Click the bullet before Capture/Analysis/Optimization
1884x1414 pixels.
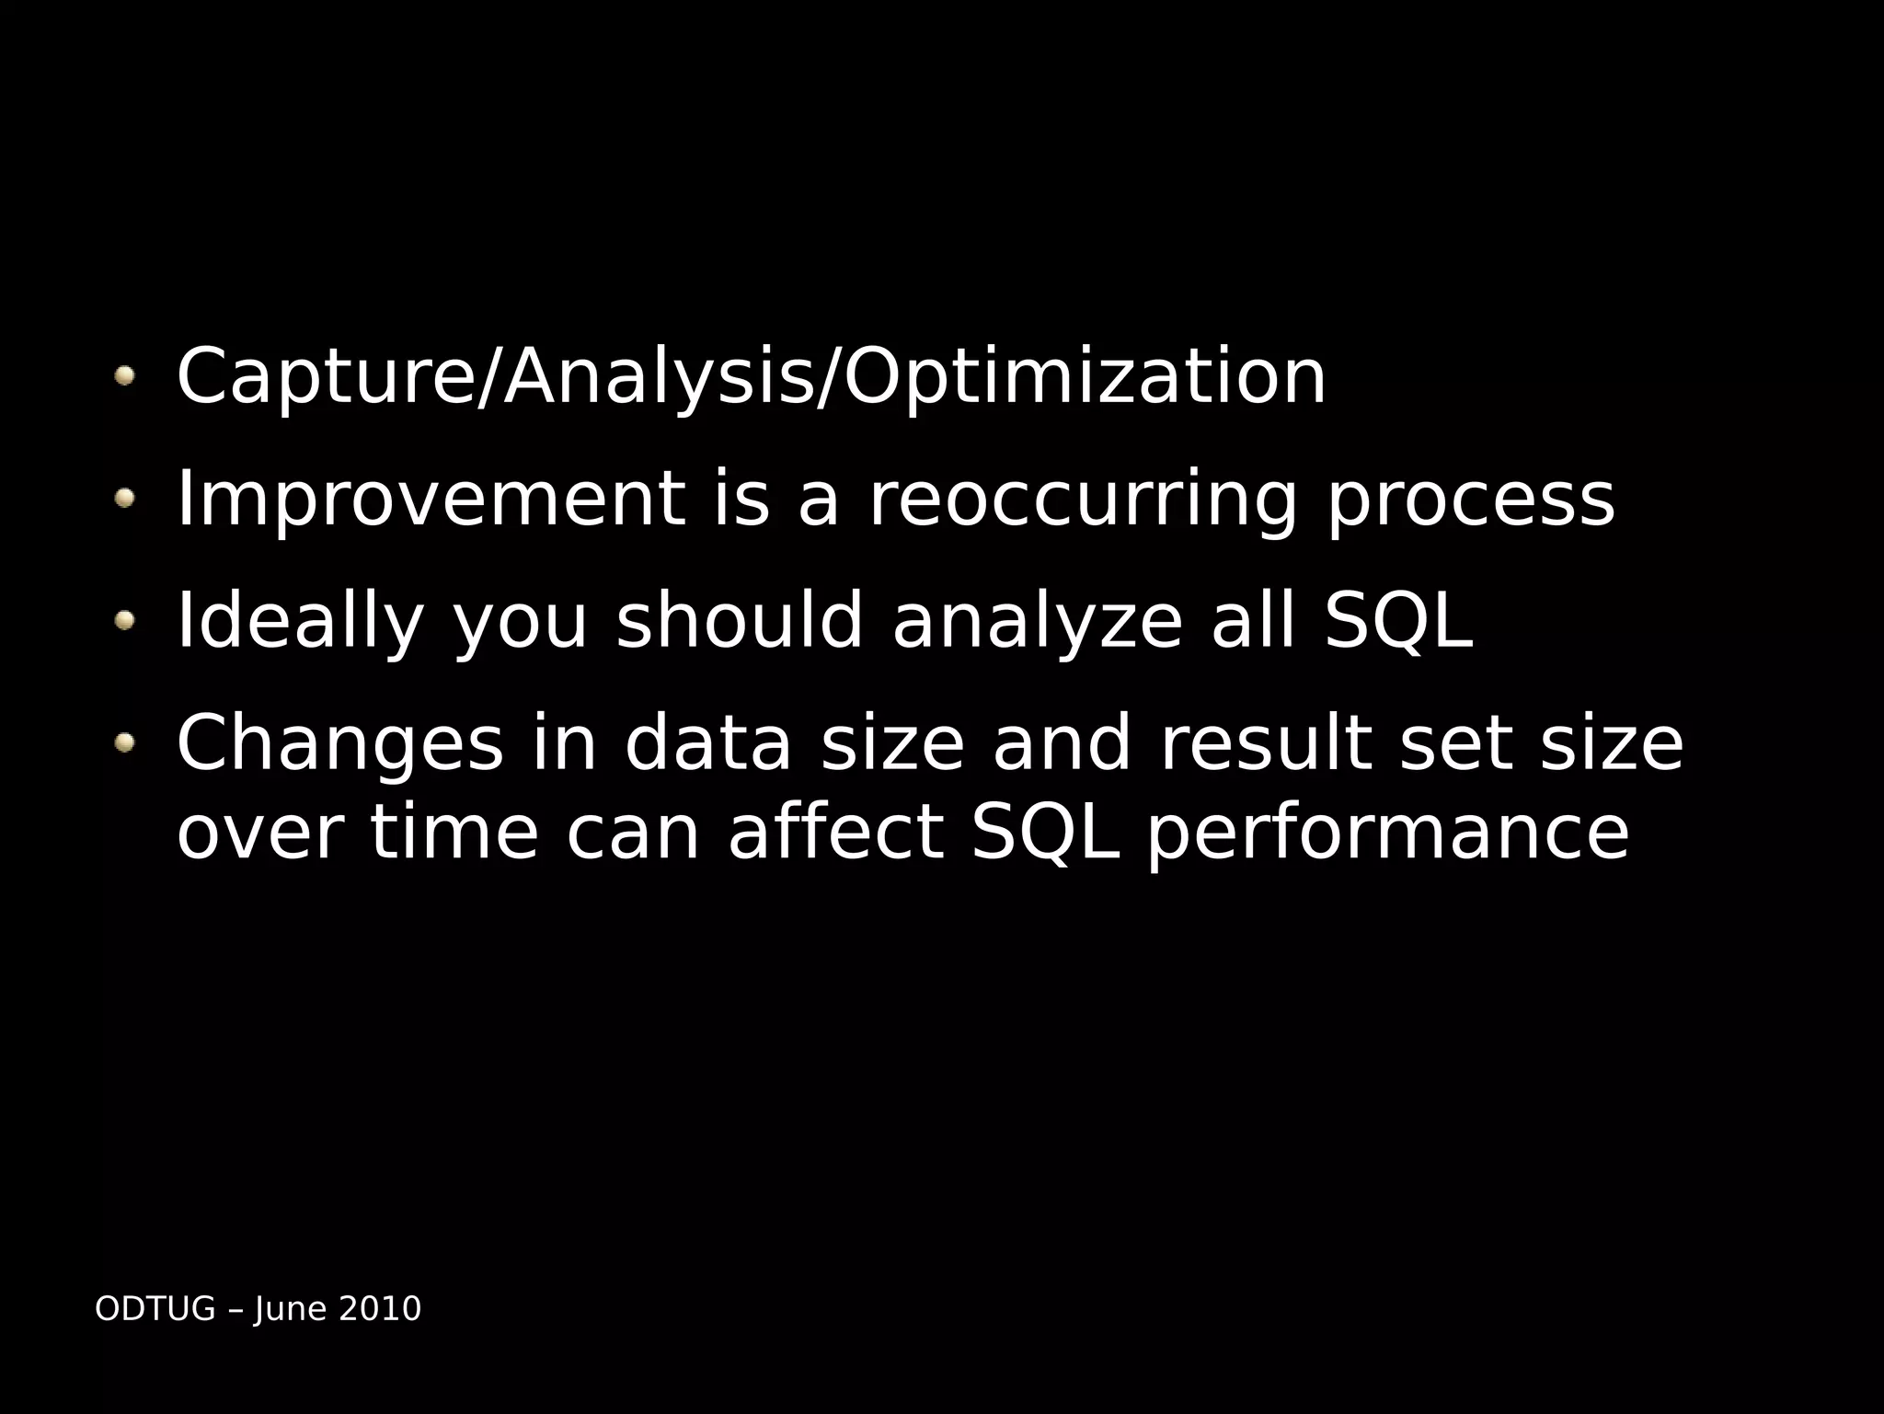[125, 375]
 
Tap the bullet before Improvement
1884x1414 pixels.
[125, 498]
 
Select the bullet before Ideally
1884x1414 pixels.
[125, 621]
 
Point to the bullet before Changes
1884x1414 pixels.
[125, 742]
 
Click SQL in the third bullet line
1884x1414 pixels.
[1398, 622]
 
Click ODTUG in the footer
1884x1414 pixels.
[155, 1308]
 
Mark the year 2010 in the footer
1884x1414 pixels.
[380, 1308]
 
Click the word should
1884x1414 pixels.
[740, 621]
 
